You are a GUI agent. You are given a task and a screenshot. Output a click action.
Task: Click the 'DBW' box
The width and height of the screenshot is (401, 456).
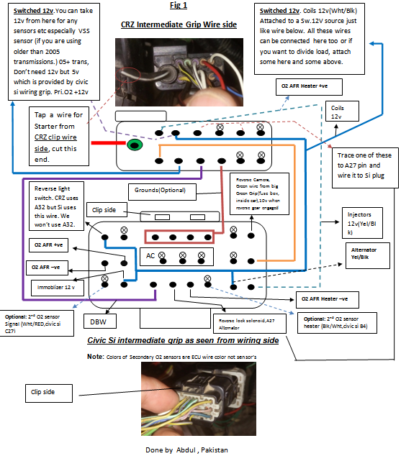pyautogui.click(x=98, y=322)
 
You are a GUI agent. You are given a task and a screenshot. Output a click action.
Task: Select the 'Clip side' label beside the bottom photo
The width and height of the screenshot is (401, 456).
pyautogui.click(x=48, y=393)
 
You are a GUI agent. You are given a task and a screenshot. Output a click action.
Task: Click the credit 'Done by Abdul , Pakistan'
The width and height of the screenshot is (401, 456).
pyautogui.click(x=186, y=450)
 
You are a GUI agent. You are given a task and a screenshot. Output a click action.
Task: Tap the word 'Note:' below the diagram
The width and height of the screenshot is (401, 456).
pyautogui.click(x=96, y=356)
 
